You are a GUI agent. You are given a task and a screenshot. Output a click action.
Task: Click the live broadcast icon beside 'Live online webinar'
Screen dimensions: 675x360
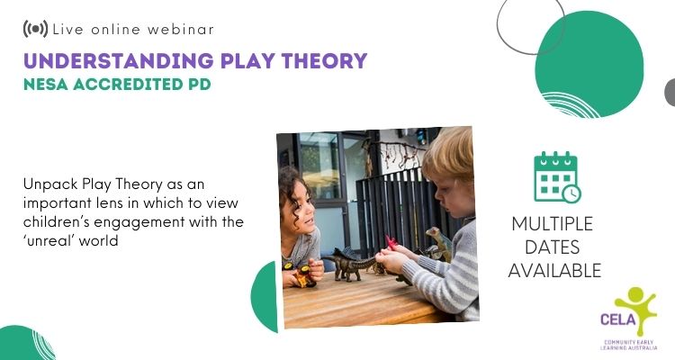[35, 29]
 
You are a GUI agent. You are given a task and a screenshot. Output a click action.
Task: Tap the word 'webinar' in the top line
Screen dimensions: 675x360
[181, 30]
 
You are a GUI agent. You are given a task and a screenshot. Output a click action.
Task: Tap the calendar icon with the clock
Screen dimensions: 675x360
[557, 177]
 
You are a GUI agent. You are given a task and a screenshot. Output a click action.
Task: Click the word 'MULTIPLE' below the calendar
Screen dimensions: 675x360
[553, 224]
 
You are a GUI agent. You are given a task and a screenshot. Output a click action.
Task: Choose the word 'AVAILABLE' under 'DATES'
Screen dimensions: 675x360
[554, 271]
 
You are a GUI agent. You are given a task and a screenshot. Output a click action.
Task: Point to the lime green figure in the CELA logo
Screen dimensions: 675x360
[636, 309]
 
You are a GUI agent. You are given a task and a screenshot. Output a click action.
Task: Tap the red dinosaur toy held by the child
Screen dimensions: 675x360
[391, 242]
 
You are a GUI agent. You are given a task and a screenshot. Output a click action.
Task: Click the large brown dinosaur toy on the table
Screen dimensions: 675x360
[349, 265]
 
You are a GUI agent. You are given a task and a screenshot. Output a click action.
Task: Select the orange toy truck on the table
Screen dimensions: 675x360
[304, 276]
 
